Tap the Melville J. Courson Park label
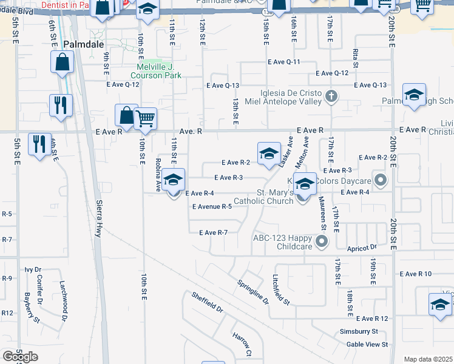point(156,71)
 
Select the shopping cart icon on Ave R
point(146,119)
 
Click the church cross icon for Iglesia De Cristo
point(331,95)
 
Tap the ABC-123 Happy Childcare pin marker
point(322,242)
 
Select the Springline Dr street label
point(252,292)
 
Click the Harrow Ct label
point(242,344)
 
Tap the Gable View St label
point(367,345)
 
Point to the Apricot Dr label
point(362,248)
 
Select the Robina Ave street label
point(158,175)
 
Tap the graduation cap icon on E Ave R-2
point(268,154)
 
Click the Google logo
point(20,357)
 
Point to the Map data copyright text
point(429,359)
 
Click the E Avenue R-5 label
point(212,207)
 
